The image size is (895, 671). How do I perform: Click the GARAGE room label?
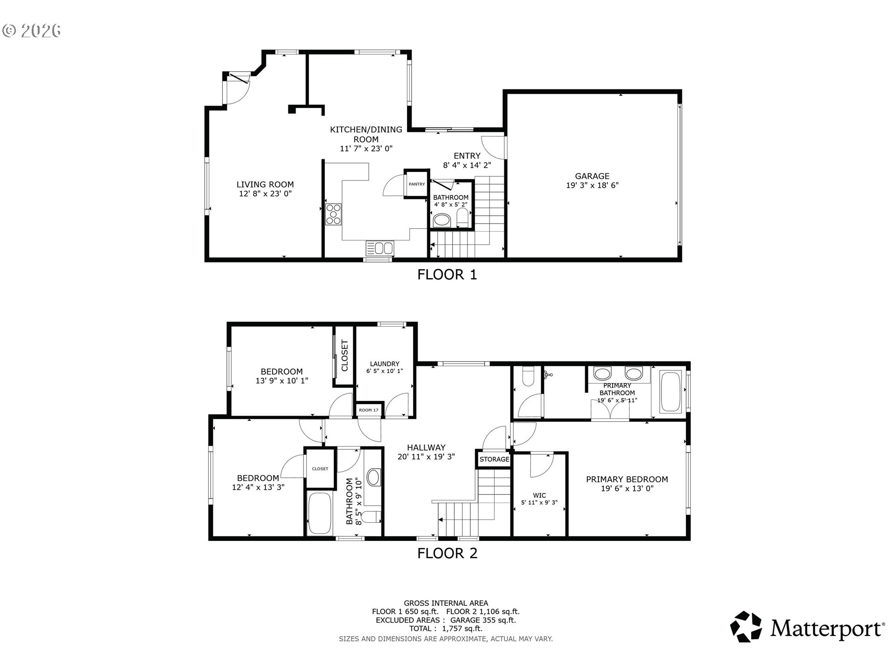click(592, 176)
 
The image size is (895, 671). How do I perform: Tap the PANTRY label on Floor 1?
click(417, 184)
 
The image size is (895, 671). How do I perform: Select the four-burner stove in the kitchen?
click(333, 215)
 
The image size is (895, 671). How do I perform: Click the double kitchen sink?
click(380, 248)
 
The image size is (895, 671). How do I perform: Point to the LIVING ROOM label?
click(265, 185)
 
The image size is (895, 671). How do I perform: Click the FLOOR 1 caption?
click(447, 274)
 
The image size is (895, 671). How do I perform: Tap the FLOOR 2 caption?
click(447, 553)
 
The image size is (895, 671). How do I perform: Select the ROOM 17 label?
click(369, 410)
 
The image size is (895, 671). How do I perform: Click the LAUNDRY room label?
click(385, 364)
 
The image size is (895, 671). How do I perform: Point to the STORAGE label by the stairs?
click(494, 459)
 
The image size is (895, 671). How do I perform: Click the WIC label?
click(539, 495)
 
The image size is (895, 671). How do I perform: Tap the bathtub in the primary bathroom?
click(670, 392)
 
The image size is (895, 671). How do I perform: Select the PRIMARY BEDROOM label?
click(627, 479)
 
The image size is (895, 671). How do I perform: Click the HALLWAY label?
click(426, 447)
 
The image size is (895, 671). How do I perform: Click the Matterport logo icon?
click(746, 627)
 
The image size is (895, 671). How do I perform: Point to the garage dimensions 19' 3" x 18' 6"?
click(592, 185)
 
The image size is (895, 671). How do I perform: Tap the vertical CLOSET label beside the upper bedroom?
click(345, 356)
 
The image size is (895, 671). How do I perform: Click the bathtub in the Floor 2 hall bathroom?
click(319, 514)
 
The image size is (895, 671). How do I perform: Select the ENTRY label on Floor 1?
click(467, 156)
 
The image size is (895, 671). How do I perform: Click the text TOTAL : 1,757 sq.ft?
click(446, 629)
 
